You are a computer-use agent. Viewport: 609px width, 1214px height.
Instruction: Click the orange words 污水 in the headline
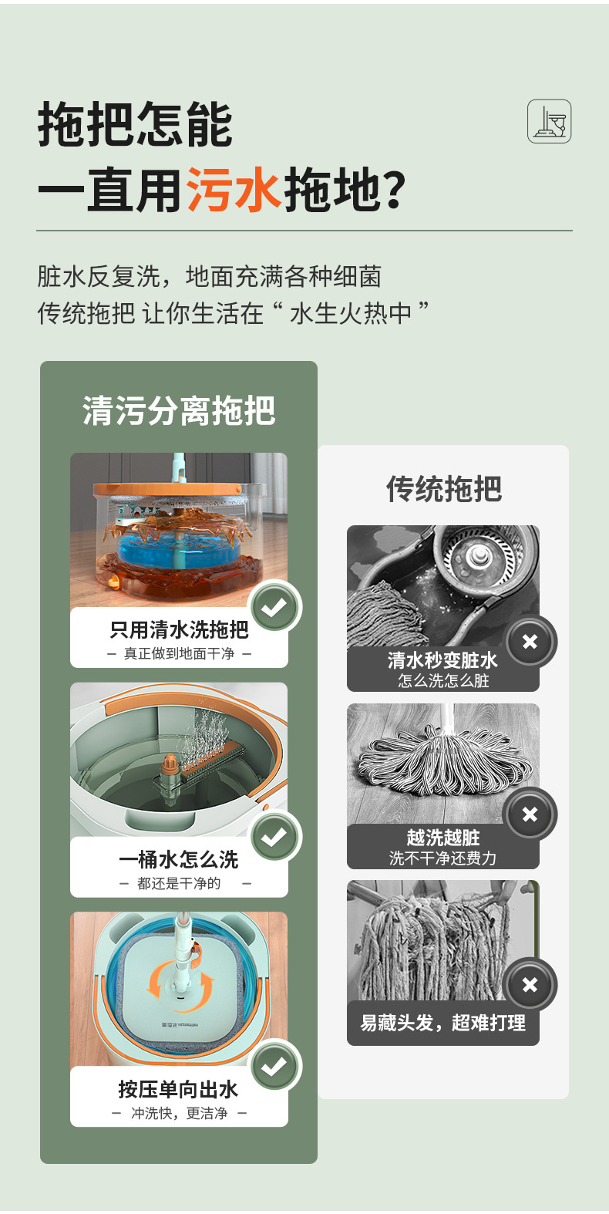233,190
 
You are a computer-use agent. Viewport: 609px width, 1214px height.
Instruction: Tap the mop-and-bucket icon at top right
549,121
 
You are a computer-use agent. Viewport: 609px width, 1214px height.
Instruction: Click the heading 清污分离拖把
178,410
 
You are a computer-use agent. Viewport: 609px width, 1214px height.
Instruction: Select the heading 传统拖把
443,489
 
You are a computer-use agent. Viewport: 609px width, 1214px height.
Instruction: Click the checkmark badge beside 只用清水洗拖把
274,608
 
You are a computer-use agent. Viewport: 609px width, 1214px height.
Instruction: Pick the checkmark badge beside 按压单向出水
274,1067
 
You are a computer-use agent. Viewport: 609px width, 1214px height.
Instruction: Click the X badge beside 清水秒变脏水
530,642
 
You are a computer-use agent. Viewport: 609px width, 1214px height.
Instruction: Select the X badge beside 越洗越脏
530,814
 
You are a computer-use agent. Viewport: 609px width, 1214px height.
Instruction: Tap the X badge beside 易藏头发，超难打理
530,985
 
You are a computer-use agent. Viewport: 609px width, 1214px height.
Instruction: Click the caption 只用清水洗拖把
179,630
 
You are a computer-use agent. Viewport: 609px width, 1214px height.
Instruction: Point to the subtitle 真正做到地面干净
179,654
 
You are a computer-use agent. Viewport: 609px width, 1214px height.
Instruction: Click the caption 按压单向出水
178,1089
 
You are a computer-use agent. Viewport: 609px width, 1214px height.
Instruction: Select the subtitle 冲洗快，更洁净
179,1114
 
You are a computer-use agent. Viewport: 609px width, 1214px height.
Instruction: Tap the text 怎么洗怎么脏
443,680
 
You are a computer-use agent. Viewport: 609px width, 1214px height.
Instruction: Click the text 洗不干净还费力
443,858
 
